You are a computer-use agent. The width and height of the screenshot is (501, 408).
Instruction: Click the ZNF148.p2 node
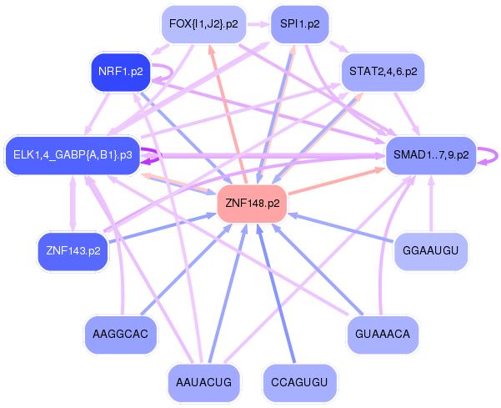pyautogui.click(x=252, y=203)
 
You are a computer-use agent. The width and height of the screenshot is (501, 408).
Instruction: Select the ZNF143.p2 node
pyautogui.click(x=73, y=250)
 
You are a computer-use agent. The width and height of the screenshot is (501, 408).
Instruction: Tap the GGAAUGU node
pyautogui.click(x=430, y=250)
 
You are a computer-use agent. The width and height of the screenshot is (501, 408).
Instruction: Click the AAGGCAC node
pyautogui.click(x=121, y=334)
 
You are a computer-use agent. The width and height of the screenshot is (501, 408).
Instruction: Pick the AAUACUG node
pyautogui.click(x=203, y=383)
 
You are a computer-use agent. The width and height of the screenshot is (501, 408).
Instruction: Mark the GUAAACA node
pyautogui.click(x=383, y=334)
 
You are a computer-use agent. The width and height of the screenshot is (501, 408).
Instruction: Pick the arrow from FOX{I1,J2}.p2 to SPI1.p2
pyautogui.click(x=257, y=24)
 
